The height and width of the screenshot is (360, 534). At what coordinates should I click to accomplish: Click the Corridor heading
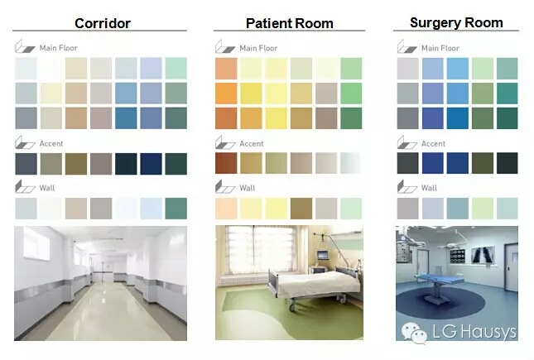coord(103,23)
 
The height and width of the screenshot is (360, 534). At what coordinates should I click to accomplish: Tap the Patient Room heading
coord(290,23)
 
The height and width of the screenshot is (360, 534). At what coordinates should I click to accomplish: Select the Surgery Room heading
coord(456,23)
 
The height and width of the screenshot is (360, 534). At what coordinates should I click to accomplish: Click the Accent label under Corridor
coord(51,144)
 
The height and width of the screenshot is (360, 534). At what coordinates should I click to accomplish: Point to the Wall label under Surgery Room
coord(429,188)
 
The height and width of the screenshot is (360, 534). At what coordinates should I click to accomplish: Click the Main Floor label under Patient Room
coord(258,48)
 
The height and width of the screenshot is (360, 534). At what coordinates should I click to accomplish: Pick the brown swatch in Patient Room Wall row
coord(301,209)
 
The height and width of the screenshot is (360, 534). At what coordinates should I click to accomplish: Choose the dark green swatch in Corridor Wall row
coord(176,209)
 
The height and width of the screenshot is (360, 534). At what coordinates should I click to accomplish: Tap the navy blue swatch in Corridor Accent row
coord(151,164)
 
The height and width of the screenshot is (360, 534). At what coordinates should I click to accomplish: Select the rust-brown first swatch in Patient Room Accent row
coord(226,163)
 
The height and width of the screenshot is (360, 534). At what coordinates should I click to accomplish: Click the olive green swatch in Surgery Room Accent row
coord(483,163)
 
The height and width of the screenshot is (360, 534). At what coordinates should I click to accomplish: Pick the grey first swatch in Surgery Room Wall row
coord(407,209)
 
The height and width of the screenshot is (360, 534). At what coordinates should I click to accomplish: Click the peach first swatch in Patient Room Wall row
coord(226,209)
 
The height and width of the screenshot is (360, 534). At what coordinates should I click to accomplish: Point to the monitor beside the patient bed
coord(322,255)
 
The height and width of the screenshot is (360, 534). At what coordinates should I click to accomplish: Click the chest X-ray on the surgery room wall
coord(483,256)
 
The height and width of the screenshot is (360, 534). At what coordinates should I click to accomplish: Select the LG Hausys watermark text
coord(474,331)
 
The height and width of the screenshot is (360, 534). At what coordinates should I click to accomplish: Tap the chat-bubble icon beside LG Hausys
coord(414,331)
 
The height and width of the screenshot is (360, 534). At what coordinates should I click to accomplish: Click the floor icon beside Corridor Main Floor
coord(25,46)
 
